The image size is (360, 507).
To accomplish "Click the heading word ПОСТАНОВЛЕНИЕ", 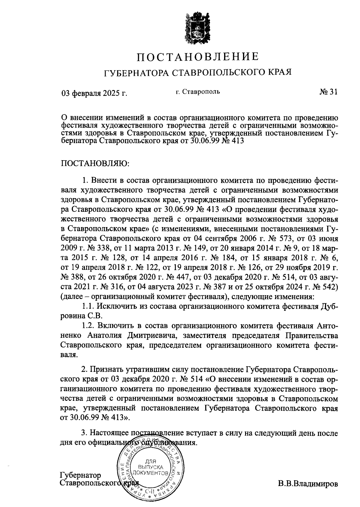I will pyautogui.click(x=198, y=57).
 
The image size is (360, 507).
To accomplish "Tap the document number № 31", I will pyautogui.click(x=328, y=92).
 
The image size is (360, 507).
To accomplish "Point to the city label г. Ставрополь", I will pyautogui.click(x=198, y=91).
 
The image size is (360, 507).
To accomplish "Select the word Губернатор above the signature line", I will pyautogui.click(x=81, y=475).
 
